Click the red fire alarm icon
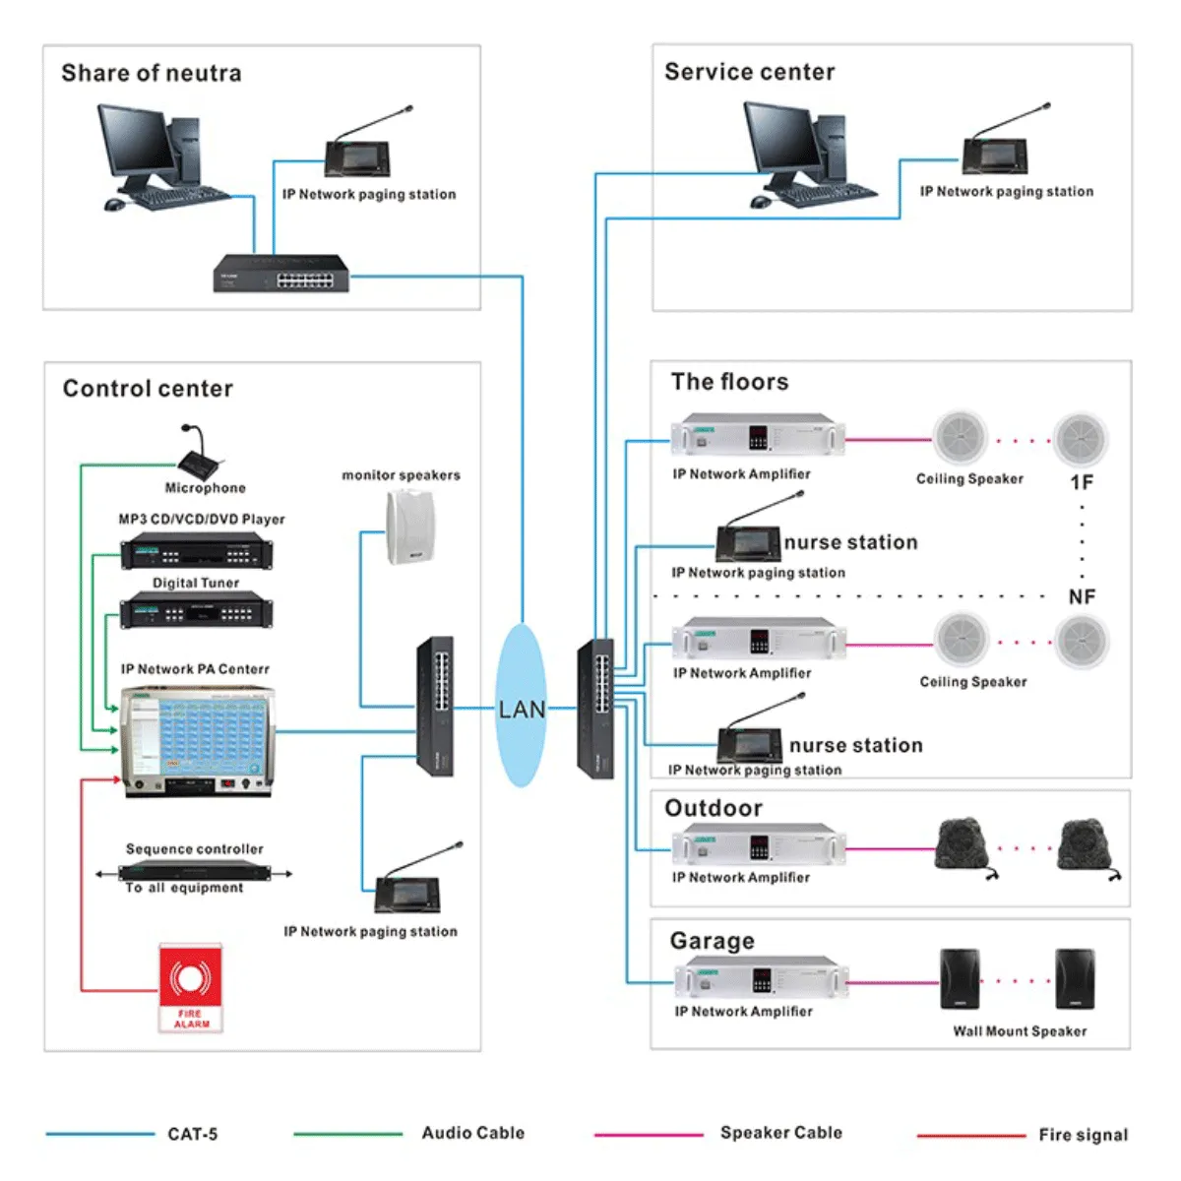tap(191, 987)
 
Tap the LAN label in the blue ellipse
tap(522, 709)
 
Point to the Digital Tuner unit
tap(197, 610)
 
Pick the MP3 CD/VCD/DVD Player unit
tap(197, 550)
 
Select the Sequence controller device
tap(194, 872)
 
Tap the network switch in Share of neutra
tap(280, 273)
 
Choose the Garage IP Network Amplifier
tap(761, 978)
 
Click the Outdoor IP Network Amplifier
tap(759, 844)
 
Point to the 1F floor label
tap(1082, 482)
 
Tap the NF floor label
tap(1082, 597)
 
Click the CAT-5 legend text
tap(193, 1134)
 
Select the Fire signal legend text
tap(1083, 1135)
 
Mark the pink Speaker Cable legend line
tap(649, 1135)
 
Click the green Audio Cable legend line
tap(348, 1134)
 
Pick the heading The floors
tap(729, 382)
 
